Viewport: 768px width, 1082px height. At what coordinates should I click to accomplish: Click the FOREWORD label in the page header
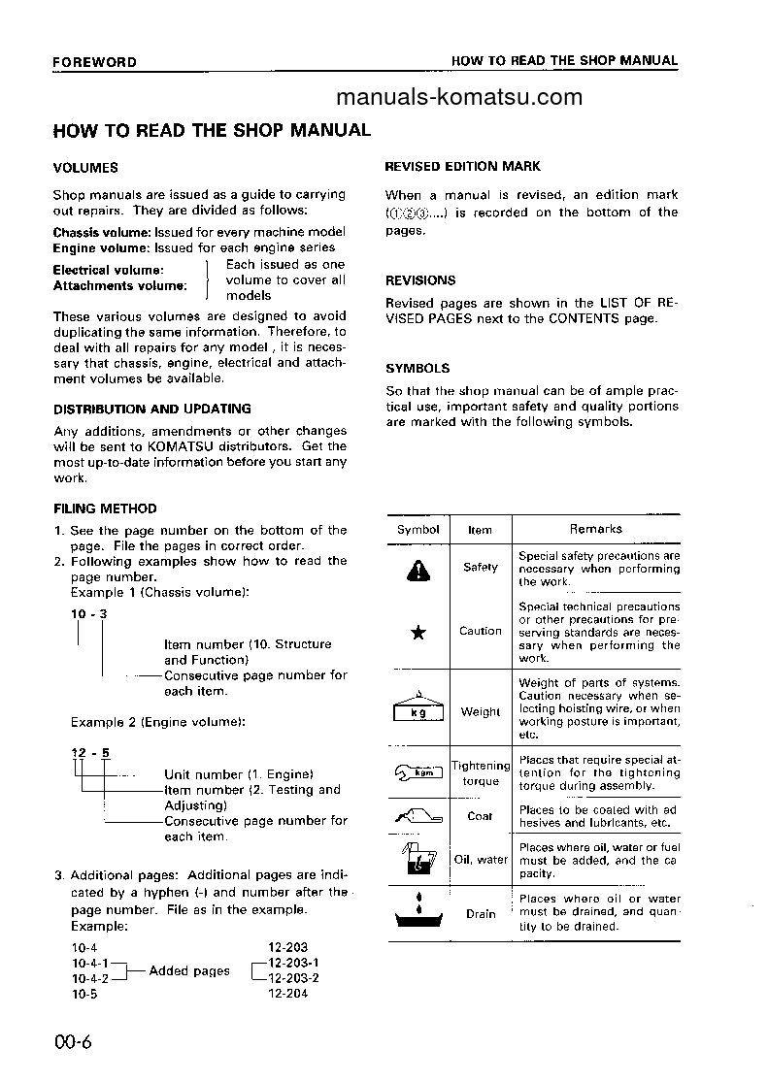94,62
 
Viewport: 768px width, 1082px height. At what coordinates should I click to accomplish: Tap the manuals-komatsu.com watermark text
459,97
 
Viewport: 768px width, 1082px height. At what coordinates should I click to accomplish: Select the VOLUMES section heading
85,168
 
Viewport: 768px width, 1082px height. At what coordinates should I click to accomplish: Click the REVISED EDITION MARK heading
463,167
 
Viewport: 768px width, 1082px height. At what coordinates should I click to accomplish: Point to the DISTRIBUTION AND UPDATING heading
151,410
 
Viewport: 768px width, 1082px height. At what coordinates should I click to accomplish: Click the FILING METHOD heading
104,508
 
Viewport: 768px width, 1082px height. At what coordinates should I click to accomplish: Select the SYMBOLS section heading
417,369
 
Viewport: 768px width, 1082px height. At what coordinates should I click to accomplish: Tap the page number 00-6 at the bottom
73,1043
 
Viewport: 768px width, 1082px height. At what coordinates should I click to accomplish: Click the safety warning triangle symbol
418,572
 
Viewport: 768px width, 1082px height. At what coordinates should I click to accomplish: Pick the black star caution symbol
418,633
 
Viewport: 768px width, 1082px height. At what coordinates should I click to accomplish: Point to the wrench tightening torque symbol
418,772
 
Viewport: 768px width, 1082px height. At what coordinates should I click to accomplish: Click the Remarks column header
596,529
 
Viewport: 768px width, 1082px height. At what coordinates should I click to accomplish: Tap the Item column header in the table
481,530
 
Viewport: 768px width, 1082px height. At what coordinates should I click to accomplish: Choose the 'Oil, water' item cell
481,859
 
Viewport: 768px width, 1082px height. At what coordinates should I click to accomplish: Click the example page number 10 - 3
88,614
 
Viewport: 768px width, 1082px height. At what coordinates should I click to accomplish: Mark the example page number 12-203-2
293,978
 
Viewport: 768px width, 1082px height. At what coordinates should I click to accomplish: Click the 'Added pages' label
190,970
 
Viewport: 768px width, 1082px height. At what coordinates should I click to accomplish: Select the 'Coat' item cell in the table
481,816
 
